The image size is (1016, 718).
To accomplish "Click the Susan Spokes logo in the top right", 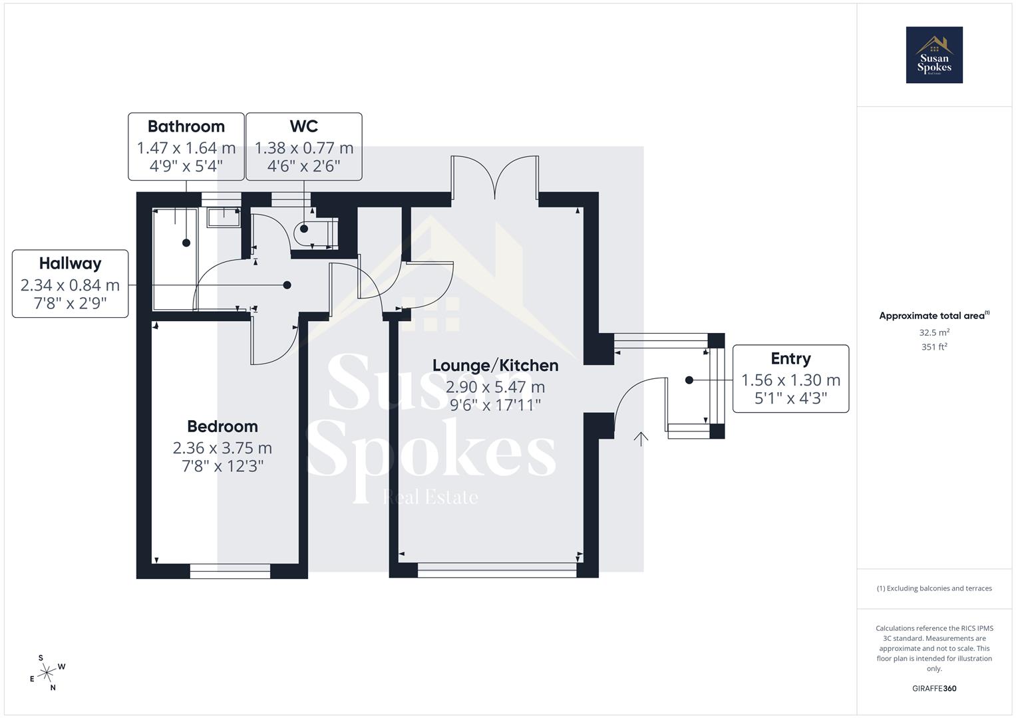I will tap(933, 55).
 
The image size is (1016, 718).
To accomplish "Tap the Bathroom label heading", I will tap(186, 126).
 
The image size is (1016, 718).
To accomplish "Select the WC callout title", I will tap(303, 126).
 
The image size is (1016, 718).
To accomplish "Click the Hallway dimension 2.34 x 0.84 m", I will tap(70, 285).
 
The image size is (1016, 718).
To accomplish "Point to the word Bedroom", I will tap(222, 426).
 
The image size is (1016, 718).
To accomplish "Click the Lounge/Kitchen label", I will tap(495, 365).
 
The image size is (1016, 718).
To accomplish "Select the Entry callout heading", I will tap(790, 358).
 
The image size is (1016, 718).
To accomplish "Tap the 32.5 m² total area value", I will tap(933, 332).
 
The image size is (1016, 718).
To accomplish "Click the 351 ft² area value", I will tap(933, 346).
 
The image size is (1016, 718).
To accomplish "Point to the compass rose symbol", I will tap(47, 673).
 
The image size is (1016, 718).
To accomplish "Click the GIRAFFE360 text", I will tap(933, 689).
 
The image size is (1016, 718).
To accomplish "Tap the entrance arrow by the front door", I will tap(641, 439).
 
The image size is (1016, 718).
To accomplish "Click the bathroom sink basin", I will tap(224, 217).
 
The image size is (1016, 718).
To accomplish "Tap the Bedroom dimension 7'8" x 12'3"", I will tap(222, 466).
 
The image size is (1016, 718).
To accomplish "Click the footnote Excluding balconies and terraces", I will tap(933, 588).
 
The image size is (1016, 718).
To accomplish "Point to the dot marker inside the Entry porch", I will tap(689, 380).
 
